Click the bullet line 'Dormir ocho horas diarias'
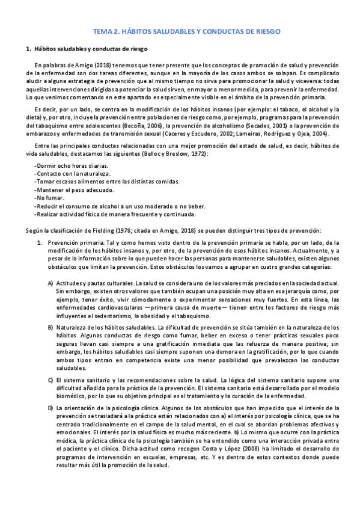point(64,165)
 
